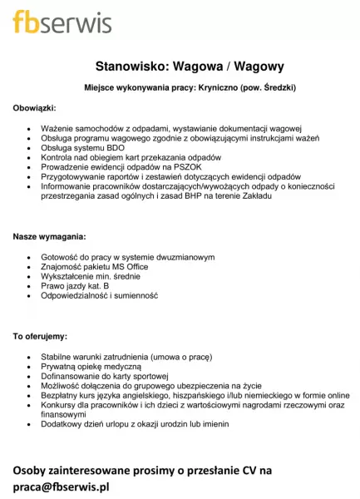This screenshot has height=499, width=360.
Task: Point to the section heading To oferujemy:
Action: (40, 337)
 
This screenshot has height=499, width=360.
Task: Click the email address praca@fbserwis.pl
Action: (61, 487)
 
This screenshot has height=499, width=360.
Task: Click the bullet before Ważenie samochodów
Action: (31, 129)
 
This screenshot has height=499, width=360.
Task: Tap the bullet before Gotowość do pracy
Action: (31, 257)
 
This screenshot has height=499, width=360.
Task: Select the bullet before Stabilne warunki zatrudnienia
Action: (31, 356)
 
